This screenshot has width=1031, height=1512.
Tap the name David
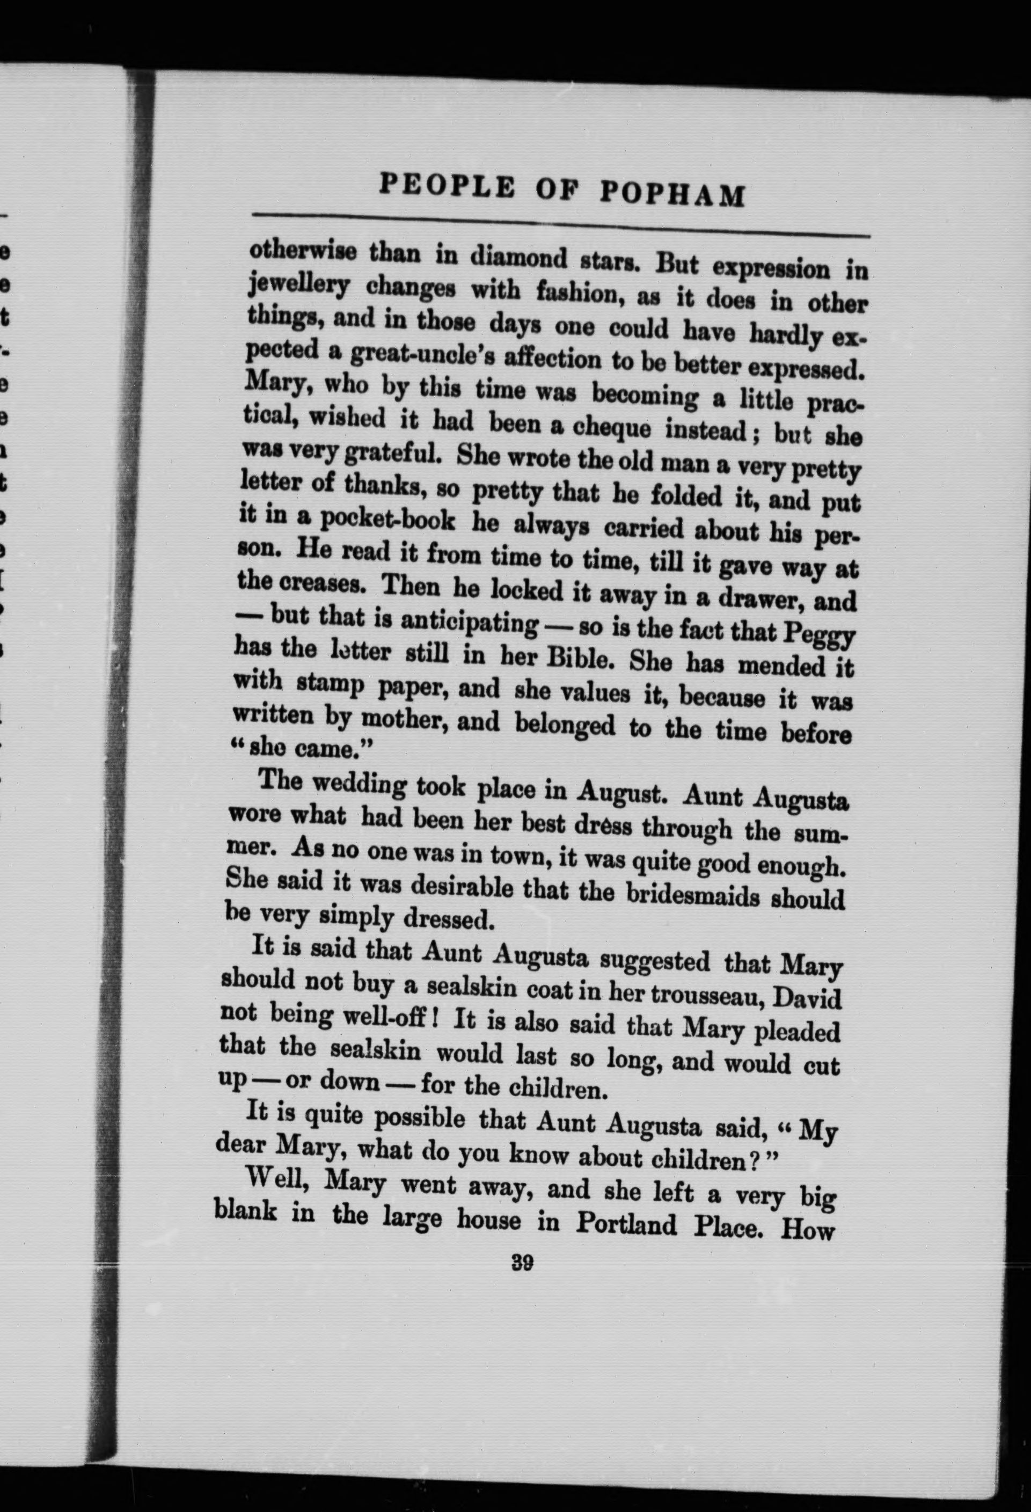[814, 999]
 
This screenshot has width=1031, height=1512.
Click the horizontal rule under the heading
[559, 224]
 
